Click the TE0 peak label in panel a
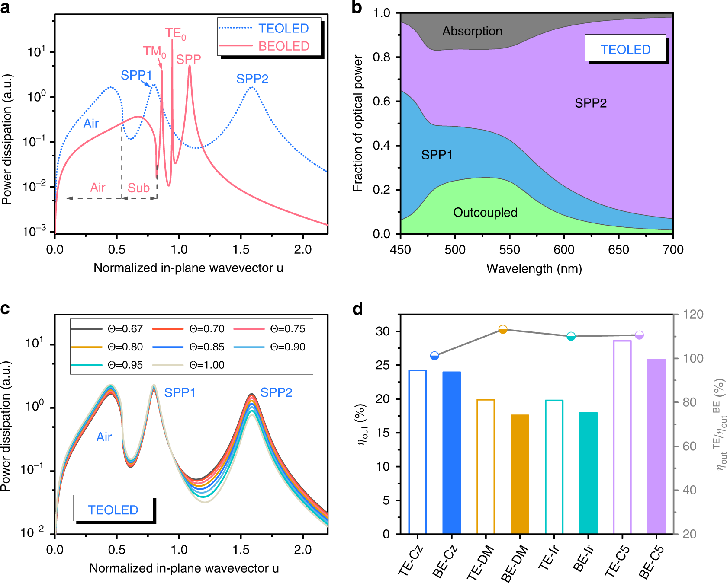click(175, 34)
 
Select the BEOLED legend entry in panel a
click(283, 46)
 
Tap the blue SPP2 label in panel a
click(252, 79)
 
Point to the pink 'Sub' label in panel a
click(138, 188)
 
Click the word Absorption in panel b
click(472, 31)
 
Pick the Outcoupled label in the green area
click(485, 213)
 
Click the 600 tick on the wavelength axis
click(564, 250)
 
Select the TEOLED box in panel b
click(625, 49)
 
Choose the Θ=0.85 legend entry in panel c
click(207, 347)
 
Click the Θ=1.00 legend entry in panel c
click(207, 365)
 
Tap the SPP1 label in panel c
click(180, 393)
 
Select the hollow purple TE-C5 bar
click(622, 436)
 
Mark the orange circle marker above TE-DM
click(503, 330)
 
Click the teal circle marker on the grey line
click(571, 336)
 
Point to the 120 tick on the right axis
click(693, 315)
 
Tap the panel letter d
click(357, 309)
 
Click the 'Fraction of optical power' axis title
click(357, 123)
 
